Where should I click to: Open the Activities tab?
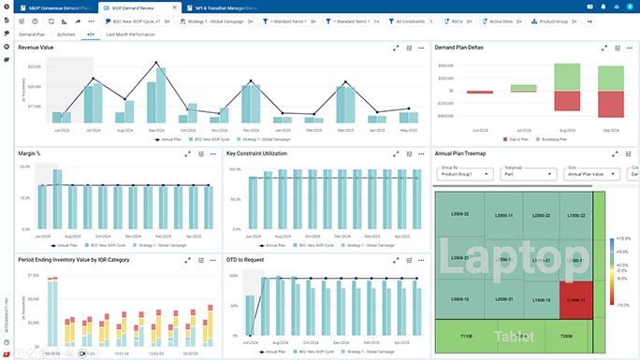[x=66, y=34]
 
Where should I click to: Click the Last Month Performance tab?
[x=130, y=34]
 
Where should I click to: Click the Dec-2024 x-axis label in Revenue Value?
[x=251, y=130]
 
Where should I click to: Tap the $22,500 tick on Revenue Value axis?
[x=35, y=66]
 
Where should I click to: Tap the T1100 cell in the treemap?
[x=466, y=335]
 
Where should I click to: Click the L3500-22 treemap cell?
[x=459, y=215]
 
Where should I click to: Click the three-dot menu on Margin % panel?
[x=213, y=153]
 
